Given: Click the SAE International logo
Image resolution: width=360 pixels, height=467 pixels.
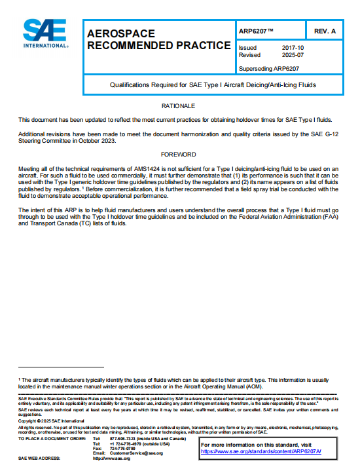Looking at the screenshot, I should click(x=45, y=34).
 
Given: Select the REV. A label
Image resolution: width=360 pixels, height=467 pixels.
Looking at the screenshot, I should click(x=325, y=31).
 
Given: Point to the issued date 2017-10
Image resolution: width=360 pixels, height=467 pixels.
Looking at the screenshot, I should click(x=292, y=48).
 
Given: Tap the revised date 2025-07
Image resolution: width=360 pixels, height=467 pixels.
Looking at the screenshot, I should click(x=292, y=55).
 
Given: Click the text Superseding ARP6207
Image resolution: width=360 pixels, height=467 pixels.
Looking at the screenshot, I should click(x=269, y=67).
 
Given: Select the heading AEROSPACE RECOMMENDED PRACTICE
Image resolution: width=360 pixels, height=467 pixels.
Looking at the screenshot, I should click(x=158, y=39).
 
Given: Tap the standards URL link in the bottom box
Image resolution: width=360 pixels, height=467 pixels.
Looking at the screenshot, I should click(x=270, y=451).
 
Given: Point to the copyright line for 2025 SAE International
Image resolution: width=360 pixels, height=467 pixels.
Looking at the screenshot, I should click(x=46, y=420).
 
